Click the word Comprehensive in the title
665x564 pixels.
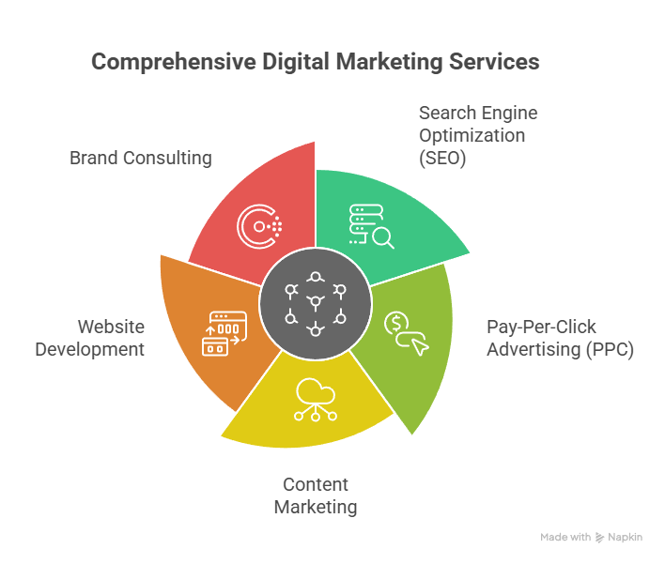(174, 62)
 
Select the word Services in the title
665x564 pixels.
(494, 61)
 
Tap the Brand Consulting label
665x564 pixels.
(140, 158)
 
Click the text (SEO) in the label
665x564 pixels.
(442, 158)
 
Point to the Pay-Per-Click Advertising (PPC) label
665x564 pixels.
(560, 338)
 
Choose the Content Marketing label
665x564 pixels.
(316, 495)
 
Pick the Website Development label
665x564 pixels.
(90, 338)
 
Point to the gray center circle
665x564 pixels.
(316, 304)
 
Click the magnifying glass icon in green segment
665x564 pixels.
(384, 237)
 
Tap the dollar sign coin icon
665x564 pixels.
(396, 324)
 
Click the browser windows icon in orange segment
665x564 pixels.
(224, 333)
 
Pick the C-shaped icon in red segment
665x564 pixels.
(259, 227)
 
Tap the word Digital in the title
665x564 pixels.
(296, 62)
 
